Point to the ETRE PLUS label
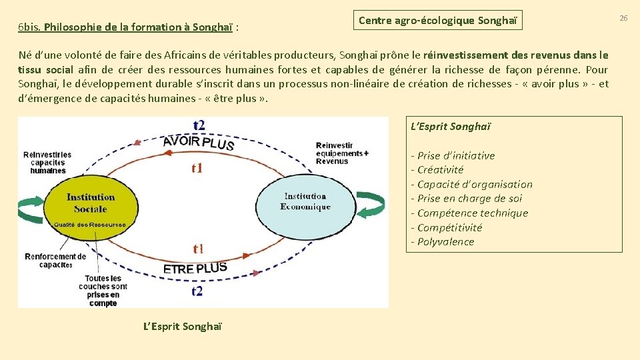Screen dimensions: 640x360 (195, 269)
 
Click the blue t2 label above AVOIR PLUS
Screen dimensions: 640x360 (199, 125)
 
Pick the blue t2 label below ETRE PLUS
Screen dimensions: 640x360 (198, 291)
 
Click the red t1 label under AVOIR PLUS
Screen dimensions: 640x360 (197, 168)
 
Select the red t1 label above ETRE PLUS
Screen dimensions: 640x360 (198, 249)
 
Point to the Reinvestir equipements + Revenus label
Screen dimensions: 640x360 (342, 153)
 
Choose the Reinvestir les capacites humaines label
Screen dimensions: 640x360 (47, 163)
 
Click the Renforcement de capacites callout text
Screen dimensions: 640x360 (55, 260)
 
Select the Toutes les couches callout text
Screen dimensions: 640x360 (102, 291)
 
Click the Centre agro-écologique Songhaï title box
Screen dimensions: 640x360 (437, 20)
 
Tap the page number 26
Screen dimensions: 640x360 (623, 18)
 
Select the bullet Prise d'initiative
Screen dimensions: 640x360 (453, 155)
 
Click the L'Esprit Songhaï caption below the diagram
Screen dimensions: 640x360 (183, 326)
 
